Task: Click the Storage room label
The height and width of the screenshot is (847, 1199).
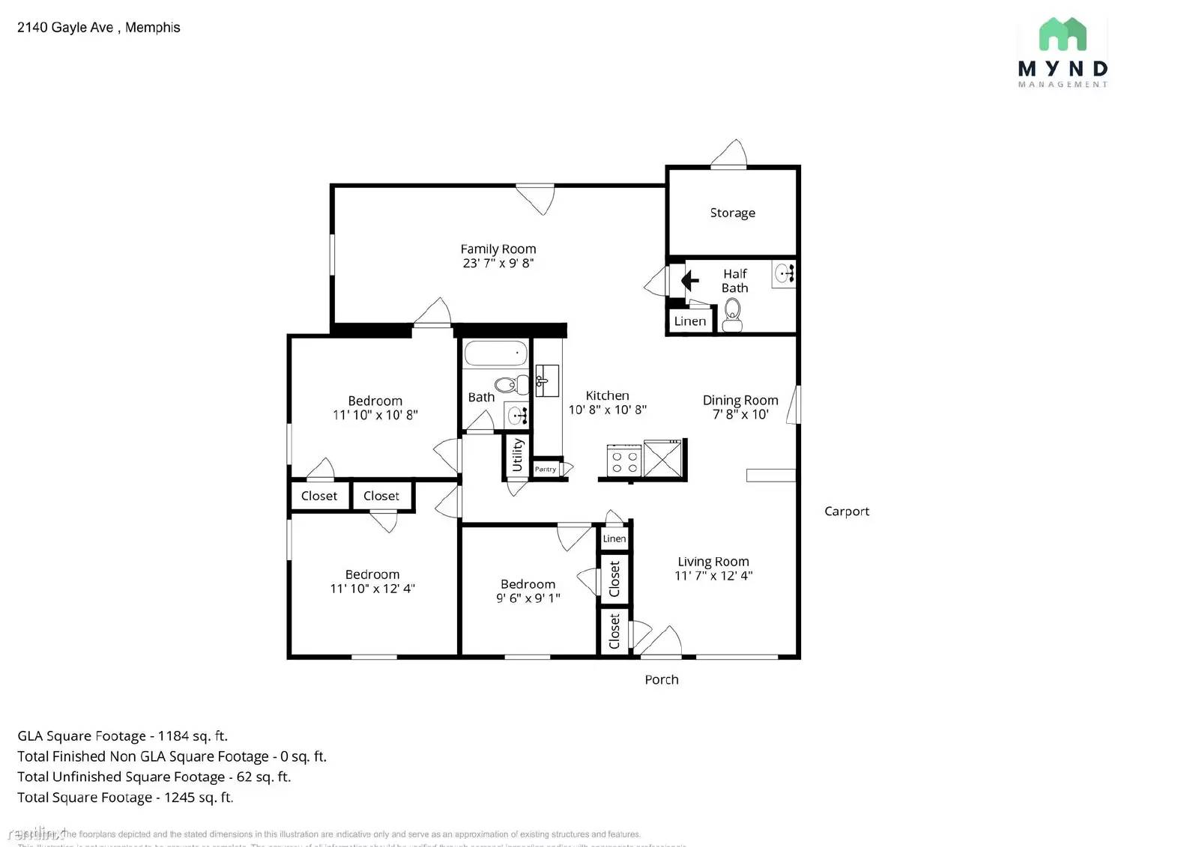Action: point(732,213)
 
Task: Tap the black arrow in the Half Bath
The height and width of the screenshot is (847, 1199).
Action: point(689,281)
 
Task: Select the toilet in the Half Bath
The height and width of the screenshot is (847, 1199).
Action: point(732,314)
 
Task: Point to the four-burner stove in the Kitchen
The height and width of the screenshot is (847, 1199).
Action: point(623,460)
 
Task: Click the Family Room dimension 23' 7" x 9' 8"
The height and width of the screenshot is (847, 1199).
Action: point(498,263)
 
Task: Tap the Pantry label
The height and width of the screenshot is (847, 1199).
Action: point(546,470)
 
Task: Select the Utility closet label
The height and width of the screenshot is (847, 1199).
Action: point(517,455)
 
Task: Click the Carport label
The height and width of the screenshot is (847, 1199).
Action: point(846,511)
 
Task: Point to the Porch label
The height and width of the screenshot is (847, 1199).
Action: point(661,680)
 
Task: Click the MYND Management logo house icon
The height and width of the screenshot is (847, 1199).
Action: point(1062,34)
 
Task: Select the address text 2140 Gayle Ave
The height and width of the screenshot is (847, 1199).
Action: point(65,28)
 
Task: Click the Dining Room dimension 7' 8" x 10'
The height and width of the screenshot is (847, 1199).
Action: point(740,414)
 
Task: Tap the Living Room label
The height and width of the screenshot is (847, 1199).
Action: point(713,562)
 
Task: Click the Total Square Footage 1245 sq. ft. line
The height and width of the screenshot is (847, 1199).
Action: point(125,798)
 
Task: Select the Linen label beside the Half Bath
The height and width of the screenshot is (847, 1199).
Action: point(689,321)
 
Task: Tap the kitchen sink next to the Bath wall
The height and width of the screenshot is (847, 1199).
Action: point(546,380)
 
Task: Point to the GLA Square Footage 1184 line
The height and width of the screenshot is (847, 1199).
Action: point(122,736)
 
